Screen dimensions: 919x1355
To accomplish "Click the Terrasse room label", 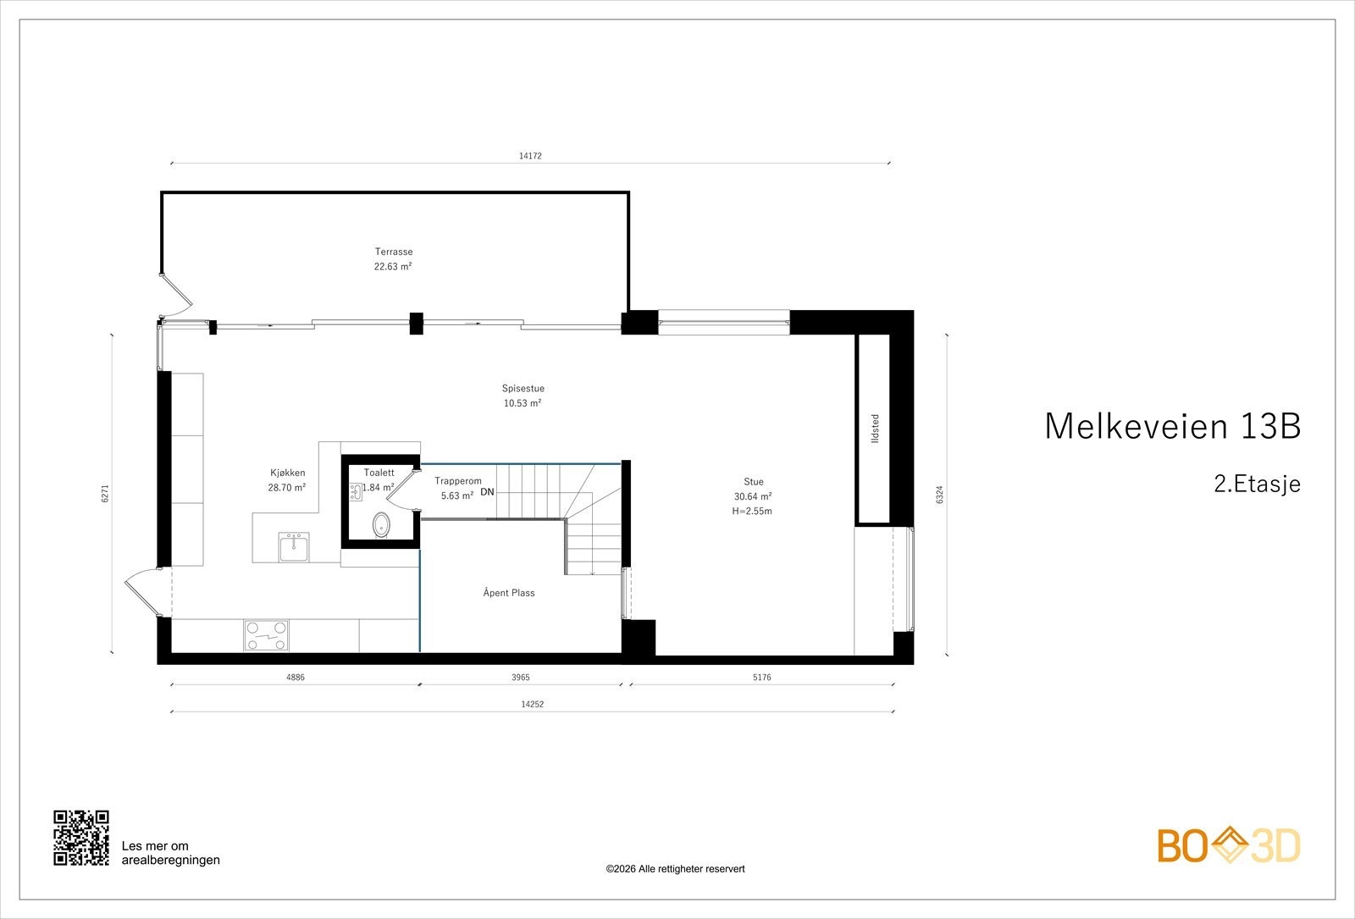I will click(x=394, y=252).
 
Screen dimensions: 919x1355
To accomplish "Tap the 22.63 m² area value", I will click(x=394, y=266).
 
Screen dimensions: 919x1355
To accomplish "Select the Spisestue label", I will click(x=523, y=389).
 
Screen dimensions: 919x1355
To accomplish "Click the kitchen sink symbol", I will click(x=295, y=546).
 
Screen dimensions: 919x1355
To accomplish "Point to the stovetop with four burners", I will click(x=266, y=635).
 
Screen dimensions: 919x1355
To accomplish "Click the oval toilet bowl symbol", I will click(x=382, y=525).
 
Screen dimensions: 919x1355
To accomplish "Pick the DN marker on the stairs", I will click(x=487, y=492).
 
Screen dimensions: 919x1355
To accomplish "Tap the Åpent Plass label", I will click(x=509, y=593).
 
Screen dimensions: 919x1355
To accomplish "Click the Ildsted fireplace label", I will click(x=875, y=428).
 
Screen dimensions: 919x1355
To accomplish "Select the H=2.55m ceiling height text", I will click(x=752, y=511).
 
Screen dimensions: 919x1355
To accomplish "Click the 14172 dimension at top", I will click(x=530, y=156).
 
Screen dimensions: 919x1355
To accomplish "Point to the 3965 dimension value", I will click(x=521, y=678).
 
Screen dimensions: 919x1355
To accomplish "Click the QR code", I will click(x=81, y=838).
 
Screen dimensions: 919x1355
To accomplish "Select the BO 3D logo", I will click(x=1229, y=846).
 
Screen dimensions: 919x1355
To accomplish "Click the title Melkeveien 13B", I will click(x=1172, y=426).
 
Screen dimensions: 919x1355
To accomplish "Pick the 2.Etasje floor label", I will click(x=1257, y=484).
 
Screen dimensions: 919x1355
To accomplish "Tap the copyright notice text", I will click(x=675, y=869).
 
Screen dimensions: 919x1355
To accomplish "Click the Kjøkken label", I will click(x=288, y=473).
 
